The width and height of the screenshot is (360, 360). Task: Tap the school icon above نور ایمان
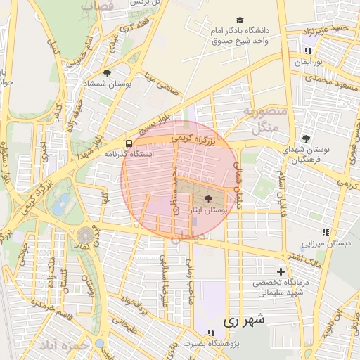click(307, 51)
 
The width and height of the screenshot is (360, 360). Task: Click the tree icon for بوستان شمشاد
click(107, 72)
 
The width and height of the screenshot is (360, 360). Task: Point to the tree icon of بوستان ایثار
click(207, 199)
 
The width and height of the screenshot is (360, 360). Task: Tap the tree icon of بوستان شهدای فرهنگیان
click(305, 139)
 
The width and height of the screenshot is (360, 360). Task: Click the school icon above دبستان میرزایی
click(324, 232)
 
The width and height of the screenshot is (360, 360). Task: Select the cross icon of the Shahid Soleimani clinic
click(281, 271)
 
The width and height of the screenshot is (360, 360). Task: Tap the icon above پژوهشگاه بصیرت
click(210, 333)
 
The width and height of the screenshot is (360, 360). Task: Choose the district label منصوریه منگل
click(262, 120)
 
